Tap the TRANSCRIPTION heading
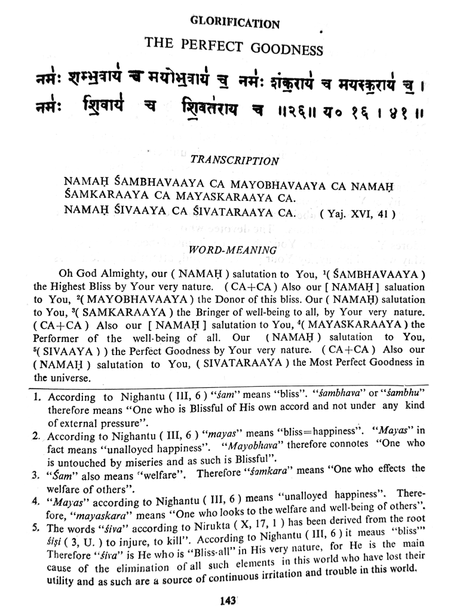[234, 160]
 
